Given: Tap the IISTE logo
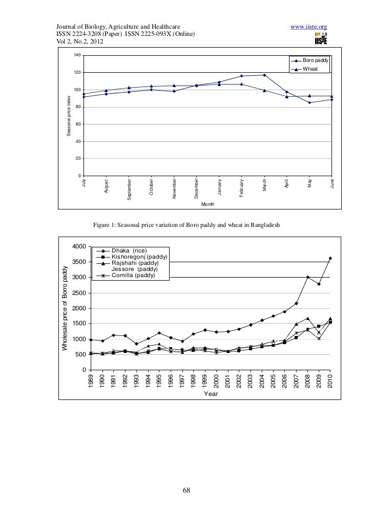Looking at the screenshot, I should (322, 37).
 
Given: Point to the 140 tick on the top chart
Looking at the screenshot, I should (77, 55).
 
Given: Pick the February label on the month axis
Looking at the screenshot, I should (242, 186).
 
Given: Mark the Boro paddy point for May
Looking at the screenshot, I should (309, 102).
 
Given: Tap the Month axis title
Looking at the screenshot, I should (208, 204).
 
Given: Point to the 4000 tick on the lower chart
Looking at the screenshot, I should (79, 247).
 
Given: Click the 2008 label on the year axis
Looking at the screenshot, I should (308, 381).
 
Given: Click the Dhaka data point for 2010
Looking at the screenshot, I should (330, 258).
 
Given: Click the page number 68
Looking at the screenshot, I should (186, 491).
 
